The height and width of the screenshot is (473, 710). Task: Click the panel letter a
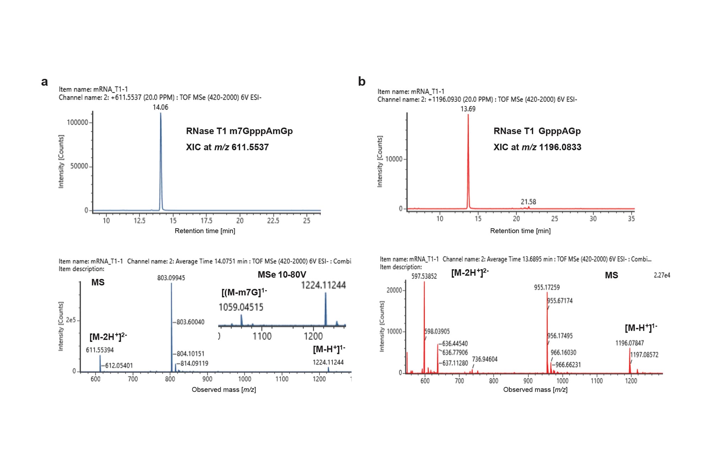44,82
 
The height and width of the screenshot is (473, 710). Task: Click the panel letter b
361,82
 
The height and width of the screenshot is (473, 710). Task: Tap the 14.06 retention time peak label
160,107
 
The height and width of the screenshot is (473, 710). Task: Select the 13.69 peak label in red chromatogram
468,109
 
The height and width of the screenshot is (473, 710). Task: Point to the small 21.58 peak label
528,202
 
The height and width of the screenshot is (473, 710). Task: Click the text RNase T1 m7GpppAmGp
239,131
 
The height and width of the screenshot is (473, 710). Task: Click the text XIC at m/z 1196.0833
537,147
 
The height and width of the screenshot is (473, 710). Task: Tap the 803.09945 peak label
171,278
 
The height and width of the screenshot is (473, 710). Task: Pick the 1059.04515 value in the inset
241,307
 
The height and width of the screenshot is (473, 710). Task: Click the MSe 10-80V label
282,275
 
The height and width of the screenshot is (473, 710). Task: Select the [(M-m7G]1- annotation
244,292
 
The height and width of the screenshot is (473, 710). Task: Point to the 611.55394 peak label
100,350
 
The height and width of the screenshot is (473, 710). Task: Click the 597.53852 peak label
424,276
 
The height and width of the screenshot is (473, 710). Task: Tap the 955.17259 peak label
547,287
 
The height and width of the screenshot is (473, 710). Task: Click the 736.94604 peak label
485,359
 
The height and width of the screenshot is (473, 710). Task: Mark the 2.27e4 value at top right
662,275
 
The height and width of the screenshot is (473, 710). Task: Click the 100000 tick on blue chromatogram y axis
77,122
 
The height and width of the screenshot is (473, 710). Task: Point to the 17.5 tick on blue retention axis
206,221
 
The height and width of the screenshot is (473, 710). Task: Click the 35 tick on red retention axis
631,219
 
